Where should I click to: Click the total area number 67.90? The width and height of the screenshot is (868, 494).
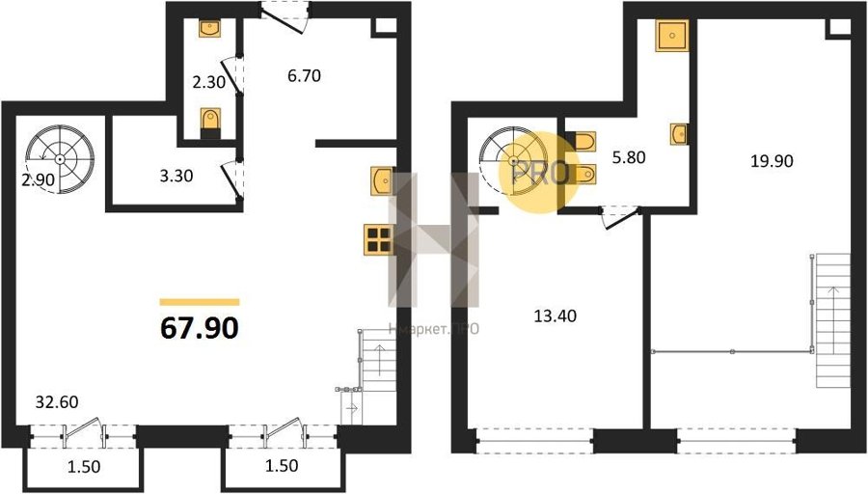coord(200,328)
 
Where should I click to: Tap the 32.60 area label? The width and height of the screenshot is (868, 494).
coord(57,401)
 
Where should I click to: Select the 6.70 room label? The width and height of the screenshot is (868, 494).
coord(304,75)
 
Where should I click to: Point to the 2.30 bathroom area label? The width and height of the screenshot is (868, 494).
coord(208,82)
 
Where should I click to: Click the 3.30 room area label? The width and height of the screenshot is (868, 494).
coord(176,176)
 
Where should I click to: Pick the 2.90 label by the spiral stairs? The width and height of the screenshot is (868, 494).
coord(39,179)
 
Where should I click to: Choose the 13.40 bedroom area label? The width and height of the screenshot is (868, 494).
coord(555,316)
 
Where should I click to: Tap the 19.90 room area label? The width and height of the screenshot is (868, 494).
coord(772,160)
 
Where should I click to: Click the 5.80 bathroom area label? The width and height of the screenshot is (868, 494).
coord(629,157)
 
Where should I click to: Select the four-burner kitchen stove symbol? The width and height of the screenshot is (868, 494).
coord(379,240)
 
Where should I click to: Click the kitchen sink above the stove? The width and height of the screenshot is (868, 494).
coord(382,180)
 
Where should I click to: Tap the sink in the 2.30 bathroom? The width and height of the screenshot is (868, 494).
coord(210,29)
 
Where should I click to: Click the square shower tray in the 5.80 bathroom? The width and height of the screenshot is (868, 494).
coord(672,36)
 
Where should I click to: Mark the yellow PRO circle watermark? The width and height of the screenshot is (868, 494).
coord(539,173)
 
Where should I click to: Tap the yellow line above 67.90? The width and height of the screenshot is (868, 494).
coord(200,302)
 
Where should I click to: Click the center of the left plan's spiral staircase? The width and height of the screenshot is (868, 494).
coord(60,159)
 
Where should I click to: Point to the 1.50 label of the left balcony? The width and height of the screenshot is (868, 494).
coord(84,467)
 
